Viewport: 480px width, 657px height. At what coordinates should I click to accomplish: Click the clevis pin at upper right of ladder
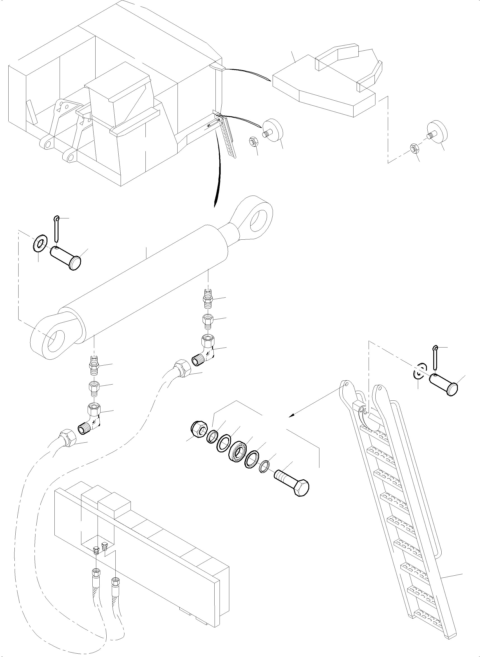click(445, 385)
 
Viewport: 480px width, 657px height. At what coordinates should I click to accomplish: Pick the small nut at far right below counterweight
click(414, 148)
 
